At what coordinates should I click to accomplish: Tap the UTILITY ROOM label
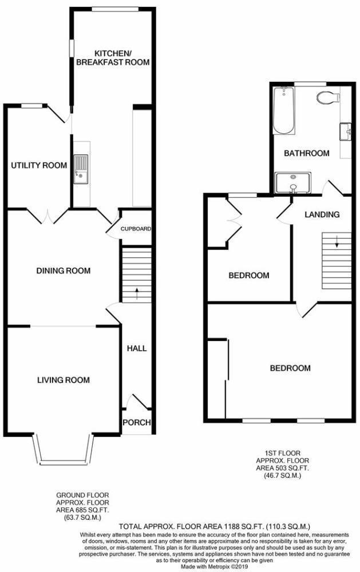(38, 165)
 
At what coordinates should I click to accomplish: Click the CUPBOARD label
(136, 229)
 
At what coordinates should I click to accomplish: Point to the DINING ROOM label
(63, 271)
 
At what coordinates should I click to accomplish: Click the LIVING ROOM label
(63, 379)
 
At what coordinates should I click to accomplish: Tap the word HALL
(136, 348)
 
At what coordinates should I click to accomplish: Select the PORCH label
(137, 423)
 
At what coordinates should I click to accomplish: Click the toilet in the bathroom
(327, 97)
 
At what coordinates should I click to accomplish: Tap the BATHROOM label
(307, 153)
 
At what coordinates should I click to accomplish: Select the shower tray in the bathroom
(293, 183)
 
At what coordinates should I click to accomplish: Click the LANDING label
(322, 215)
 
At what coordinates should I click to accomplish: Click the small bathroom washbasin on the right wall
(346, 132)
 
